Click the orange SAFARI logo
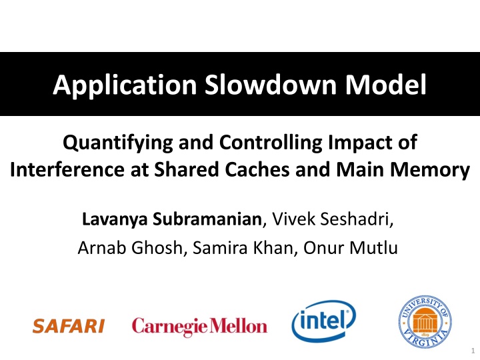(x=69, y=326)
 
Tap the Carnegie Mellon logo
(x=199, y=326)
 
